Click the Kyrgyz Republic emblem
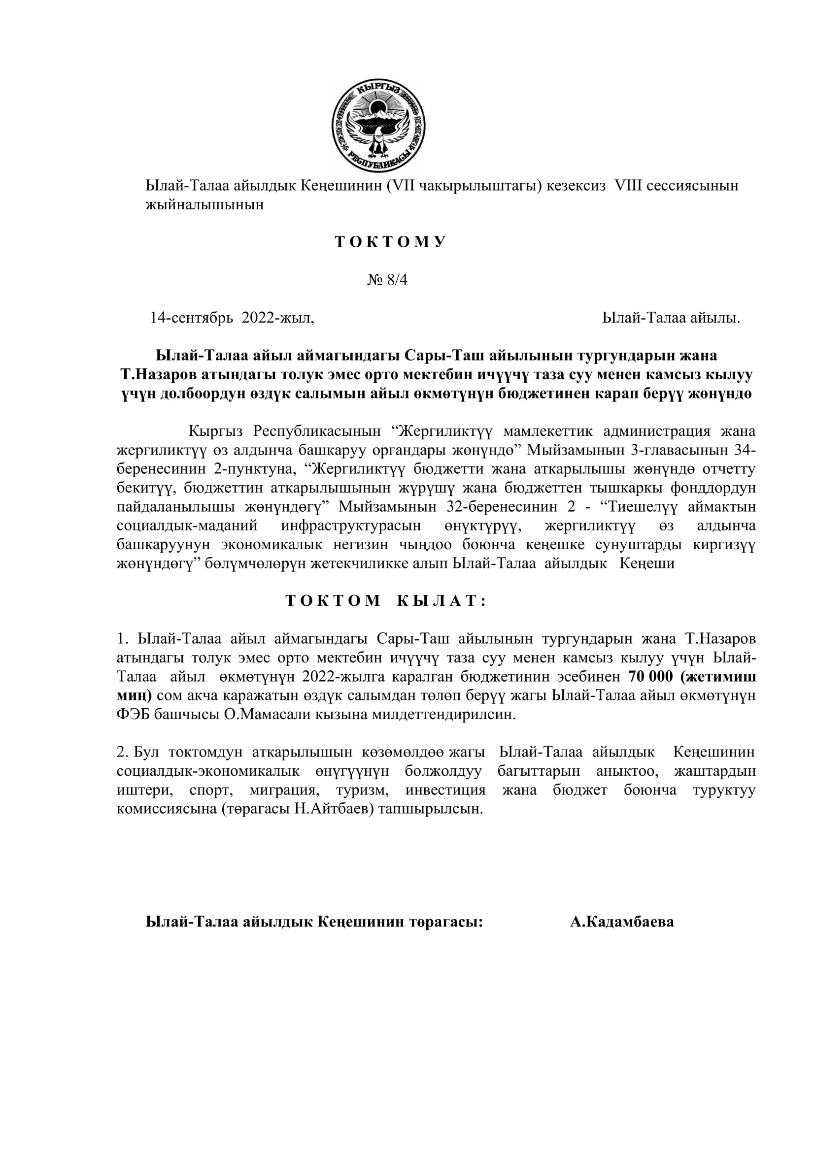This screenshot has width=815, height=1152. pos(378,127)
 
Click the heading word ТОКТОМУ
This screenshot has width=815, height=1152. pos(390,242)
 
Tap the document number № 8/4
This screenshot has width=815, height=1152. pos(387,280)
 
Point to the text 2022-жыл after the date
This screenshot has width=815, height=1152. pos(277,318)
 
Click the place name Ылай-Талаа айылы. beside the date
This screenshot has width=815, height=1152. pos(671,318)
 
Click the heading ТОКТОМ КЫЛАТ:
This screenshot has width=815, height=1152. pos(386,601)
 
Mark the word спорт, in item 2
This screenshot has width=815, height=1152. pos(211,790)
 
